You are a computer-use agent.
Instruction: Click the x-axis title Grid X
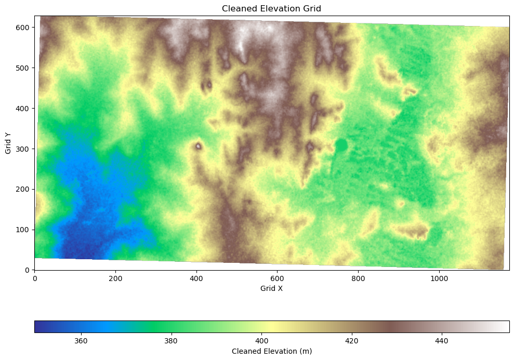271,288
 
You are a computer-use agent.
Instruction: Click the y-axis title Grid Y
8,143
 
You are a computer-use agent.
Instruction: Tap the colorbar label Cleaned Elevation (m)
272,352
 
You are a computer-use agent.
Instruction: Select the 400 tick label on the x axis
196,278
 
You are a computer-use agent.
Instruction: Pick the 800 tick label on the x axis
359,278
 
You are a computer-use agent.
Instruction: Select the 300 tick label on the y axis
24,149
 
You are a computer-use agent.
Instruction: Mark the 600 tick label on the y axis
24,28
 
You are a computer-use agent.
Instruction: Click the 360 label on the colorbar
81,341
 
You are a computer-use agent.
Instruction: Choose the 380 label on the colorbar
171,341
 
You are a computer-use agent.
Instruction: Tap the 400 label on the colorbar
261,341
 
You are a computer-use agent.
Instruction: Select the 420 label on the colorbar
352,341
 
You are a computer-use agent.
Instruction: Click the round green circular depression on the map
341,145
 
